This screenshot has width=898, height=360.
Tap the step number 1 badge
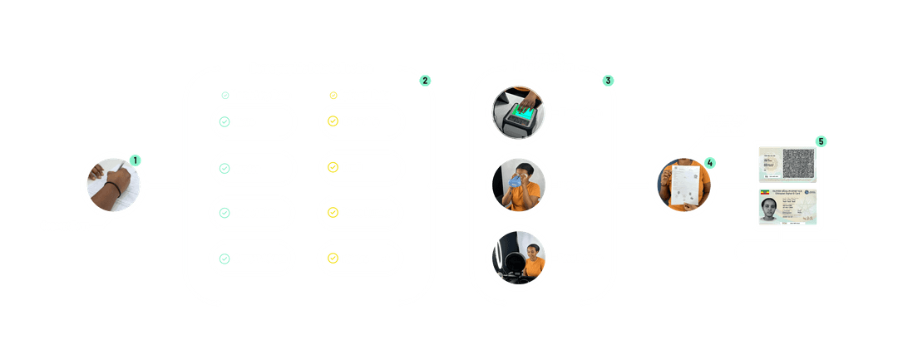pos(136,158)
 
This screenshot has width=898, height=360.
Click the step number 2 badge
pos(425,81)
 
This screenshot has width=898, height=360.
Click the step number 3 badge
pos(609,81)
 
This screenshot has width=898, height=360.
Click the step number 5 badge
pos(822,141)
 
